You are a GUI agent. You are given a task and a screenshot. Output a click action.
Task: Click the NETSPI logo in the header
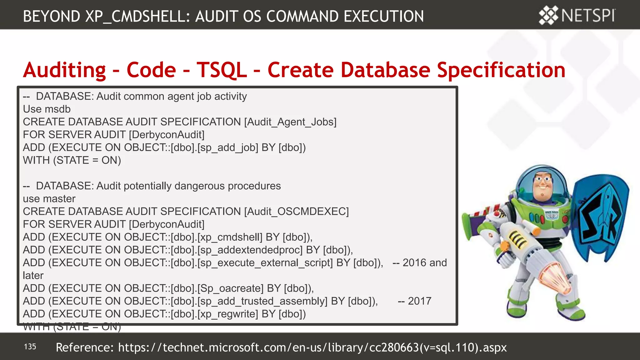(577, 15)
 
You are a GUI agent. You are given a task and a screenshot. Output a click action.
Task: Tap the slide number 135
(30, 347)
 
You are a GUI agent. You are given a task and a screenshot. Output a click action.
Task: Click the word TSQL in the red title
(222, 70)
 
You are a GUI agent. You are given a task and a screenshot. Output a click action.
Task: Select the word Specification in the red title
(501, 70)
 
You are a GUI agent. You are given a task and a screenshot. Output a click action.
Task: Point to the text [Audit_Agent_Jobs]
(290, 122)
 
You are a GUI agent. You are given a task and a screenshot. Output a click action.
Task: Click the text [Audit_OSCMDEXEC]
(296, 212)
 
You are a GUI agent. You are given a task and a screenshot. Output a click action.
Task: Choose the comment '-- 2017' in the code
(414, 301)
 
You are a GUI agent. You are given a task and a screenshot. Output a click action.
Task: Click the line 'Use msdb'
(47, 109)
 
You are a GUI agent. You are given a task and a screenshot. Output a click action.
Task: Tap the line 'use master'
(49, 199)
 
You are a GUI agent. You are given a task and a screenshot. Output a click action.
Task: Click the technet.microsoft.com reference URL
(312, 347)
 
